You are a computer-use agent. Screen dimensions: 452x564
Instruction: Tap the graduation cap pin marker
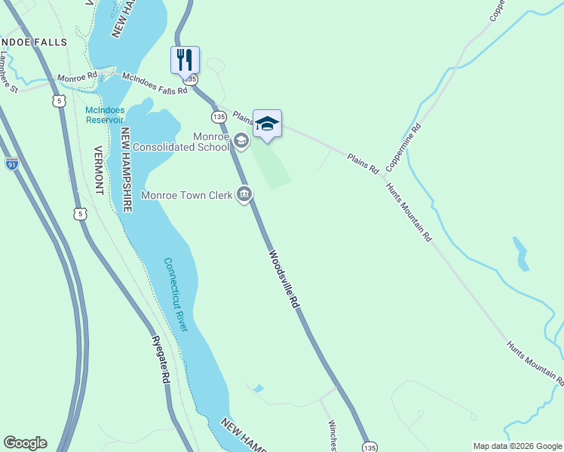[267, 123]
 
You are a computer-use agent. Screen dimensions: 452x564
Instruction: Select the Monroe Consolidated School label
[180, 141]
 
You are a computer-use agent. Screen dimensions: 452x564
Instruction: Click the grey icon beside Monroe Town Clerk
[244, 194]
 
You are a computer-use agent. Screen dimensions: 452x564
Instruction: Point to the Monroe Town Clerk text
[192, 194]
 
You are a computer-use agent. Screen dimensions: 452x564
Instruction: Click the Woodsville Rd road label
[284, 278]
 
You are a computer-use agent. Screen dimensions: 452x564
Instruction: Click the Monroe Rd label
[77, 78]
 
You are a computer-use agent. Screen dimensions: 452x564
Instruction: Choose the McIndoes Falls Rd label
[155, 83]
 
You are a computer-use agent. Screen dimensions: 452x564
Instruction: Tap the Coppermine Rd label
[404, 146]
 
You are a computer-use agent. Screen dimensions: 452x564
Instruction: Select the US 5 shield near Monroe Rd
[60, 100]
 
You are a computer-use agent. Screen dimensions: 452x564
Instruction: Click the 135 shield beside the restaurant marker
[193, 78]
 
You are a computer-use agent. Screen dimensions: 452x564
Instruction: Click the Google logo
[24, 443]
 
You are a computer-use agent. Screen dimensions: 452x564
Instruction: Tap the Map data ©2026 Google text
[516, 446]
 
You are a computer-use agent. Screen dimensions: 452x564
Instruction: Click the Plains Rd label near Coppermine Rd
[363, 163]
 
